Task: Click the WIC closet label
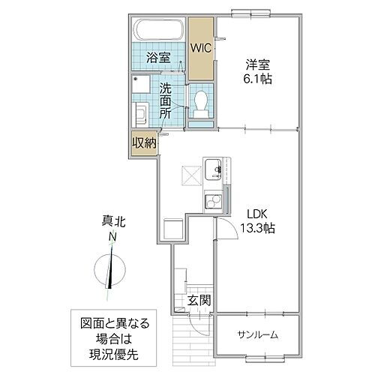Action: pos(201,47)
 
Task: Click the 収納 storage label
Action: pos(144,142)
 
